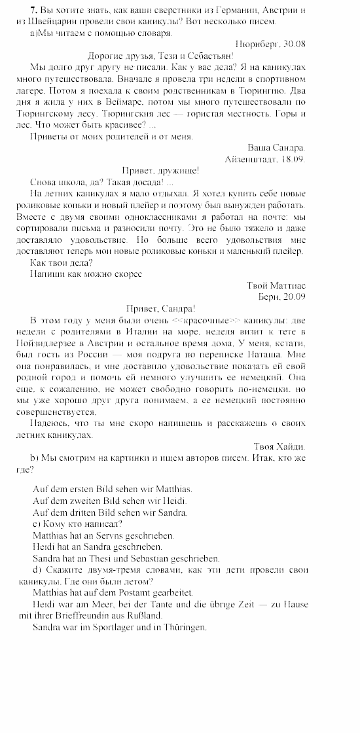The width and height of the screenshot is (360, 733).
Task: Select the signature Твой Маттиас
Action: pos(276,285)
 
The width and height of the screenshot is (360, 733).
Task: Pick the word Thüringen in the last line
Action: pos(183,627)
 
